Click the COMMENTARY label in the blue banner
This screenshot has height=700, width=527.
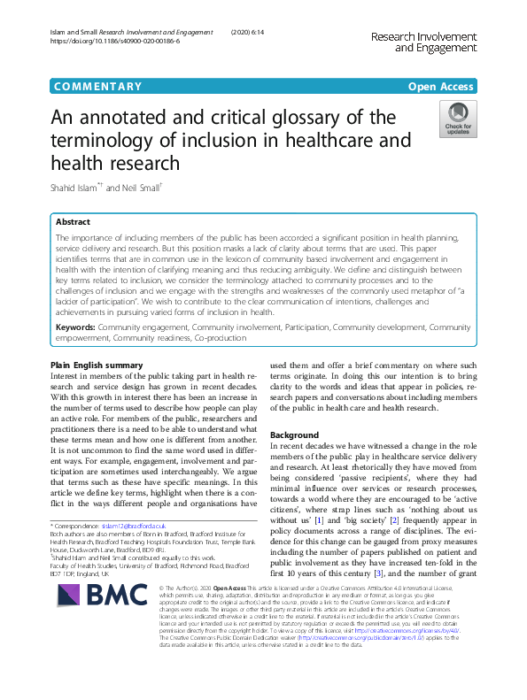tap(98, 87)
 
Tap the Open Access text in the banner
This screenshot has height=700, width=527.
tap(441, 87)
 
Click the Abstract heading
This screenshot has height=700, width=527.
tap(73, 222)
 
